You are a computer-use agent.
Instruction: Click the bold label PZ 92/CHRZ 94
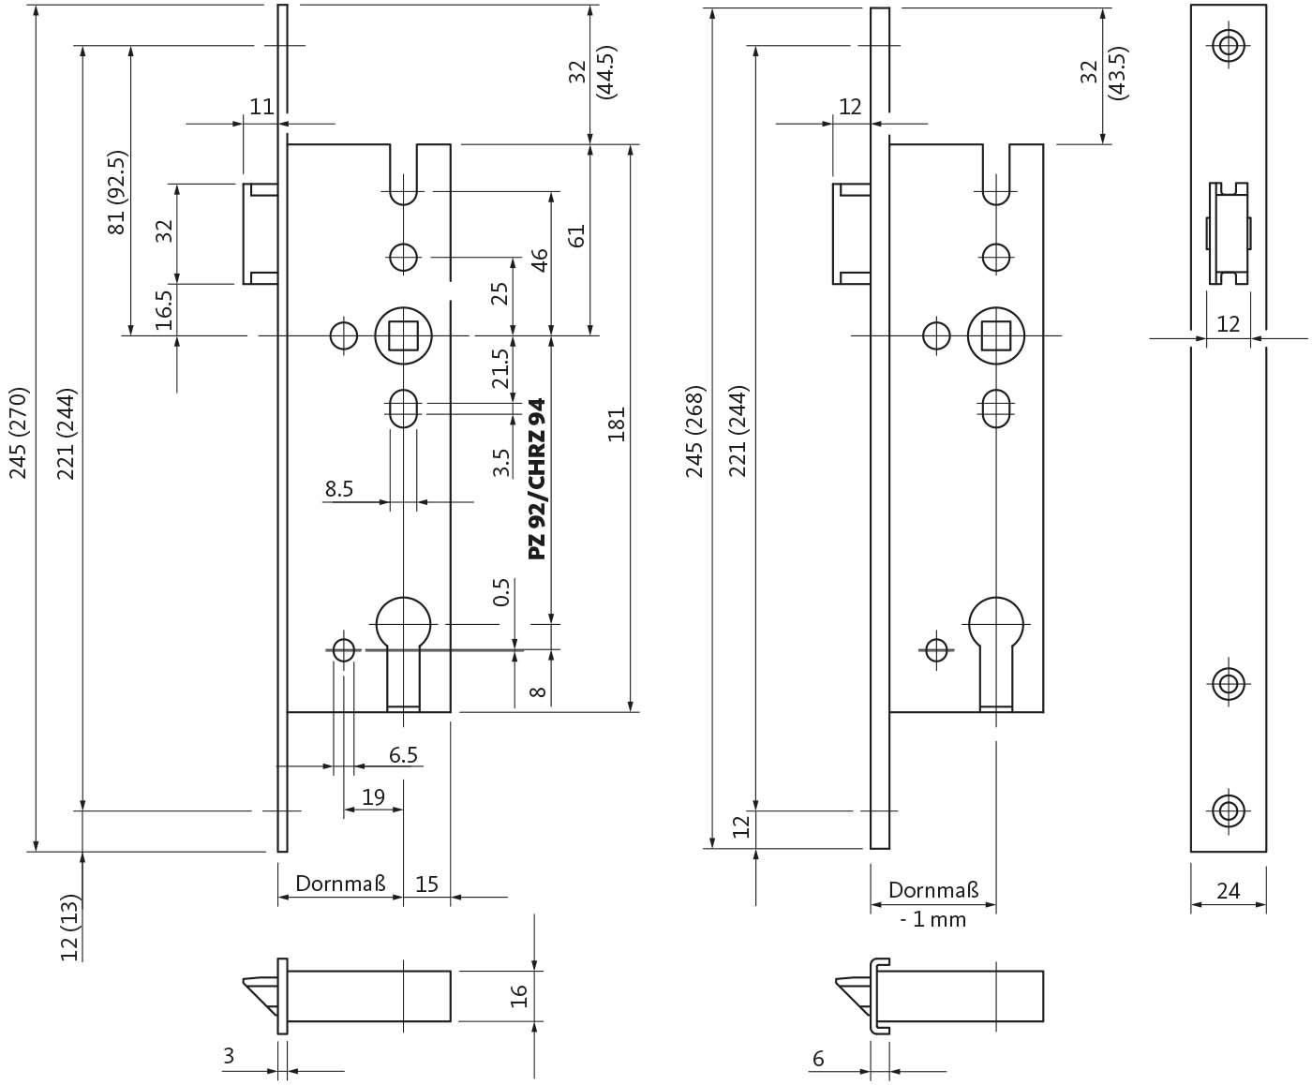(x=537, y=479)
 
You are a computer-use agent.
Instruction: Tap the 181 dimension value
(x=617, y=424)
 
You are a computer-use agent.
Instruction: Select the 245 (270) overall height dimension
(x=19, y=433)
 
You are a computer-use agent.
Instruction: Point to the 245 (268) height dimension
(x=695, y=432)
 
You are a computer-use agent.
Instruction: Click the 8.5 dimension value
(x=338, y=488)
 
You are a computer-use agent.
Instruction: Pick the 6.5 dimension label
(x=403, y=754)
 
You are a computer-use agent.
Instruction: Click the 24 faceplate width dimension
(x=1228, y=890)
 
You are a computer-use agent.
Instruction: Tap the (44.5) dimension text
(x=606, y=72)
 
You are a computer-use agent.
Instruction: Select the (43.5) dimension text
(x=1118, y=72)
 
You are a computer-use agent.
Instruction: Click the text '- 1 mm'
(x=933, y=920)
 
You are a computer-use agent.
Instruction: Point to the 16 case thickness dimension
(x=518, y=996)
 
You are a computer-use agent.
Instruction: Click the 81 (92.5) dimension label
(x=117, y=192)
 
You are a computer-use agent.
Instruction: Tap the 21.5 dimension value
(x=500, y=369)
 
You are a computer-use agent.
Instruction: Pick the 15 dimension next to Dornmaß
(x=426, y=884)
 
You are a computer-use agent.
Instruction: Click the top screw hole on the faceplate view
(x=1229, y=46)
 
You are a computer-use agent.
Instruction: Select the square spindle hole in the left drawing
(x=403, y=335)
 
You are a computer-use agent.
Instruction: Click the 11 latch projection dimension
(x=262, y=107)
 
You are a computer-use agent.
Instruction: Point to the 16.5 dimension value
(x=164, y=310)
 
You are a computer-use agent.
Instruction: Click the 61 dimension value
(x=576, y=235)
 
